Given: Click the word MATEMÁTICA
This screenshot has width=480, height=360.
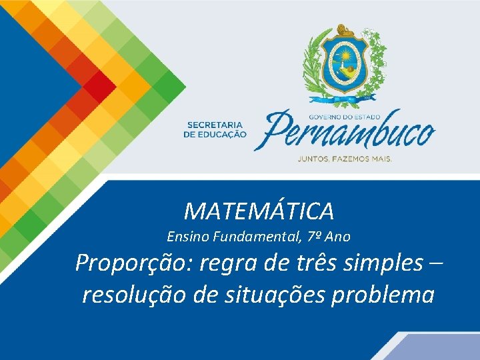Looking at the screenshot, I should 259,211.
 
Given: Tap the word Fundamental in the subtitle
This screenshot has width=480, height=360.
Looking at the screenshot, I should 243,236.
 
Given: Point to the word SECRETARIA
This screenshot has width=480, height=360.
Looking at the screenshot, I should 215,125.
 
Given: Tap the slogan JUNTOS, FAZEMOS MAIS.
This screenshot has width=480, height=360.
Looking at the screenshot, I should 344,159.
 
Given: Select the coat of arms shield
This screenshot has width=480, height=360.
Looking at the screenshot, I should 345,63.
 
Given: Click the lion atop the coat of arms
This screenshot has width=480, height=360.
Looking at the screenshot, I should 345,30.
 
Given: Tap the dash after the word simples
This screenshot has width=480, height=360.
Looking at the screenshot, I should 437,263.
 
